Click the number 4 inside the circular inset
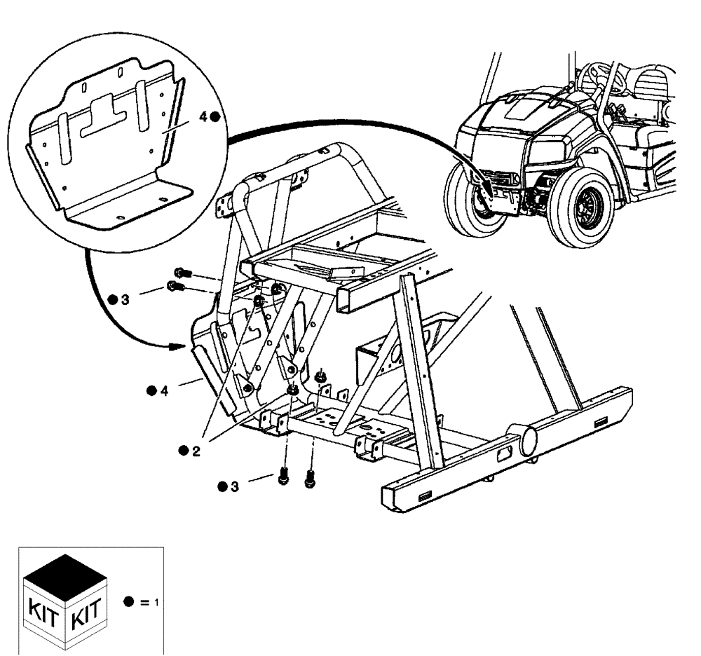click(204, 118)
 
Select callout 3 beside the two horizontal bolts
click(125, 299)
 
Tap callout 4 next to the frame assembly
click(163, 390)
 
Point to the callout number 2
click(196, 451)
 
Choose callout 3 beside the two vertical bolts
click(235, 486)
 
